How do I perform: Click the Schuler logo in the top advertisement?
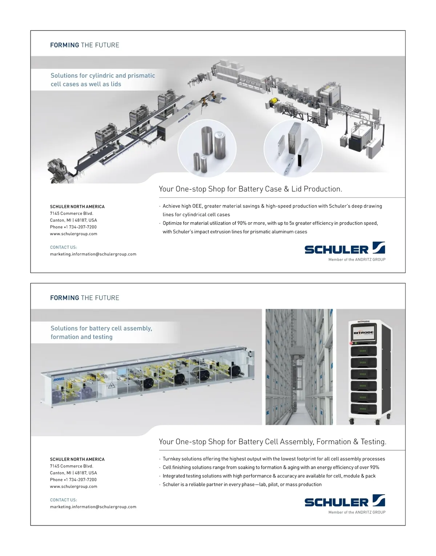click(344, 249)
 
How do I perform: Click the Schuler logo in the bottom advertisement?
click(344, 502)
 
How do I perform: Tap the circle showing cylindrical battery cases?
click(207, 148)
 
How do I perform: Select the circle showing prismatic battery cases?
click(293, 148)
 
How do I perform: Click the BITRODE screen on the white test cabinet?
click(363, 333)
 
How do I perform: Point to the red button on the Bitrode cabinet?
click(351, 343)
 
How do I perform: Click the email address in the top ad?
click(93, 254)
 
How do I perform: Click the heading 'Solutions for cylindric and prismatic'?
click(103, 75)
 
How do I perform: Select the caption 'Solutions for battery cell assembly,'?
click(101, 328)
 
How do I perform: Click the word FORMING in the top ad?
click(65, 45)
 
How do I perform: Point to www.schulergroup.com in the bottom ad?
click(74, 486)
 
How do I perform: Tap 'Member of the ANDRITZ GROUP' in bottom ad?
click(357, 512)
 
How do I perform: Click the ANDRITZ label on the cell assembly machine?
click(59, 379)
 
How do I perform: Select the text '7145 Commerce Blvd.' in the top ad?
click(72, 213)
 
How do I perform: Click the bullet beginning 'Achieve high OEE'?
click(272, 206)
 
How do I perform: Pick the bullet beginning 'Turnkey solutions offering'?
click(274, 459)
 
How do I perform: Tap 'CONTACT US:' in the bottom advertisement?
click(64, 500)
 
